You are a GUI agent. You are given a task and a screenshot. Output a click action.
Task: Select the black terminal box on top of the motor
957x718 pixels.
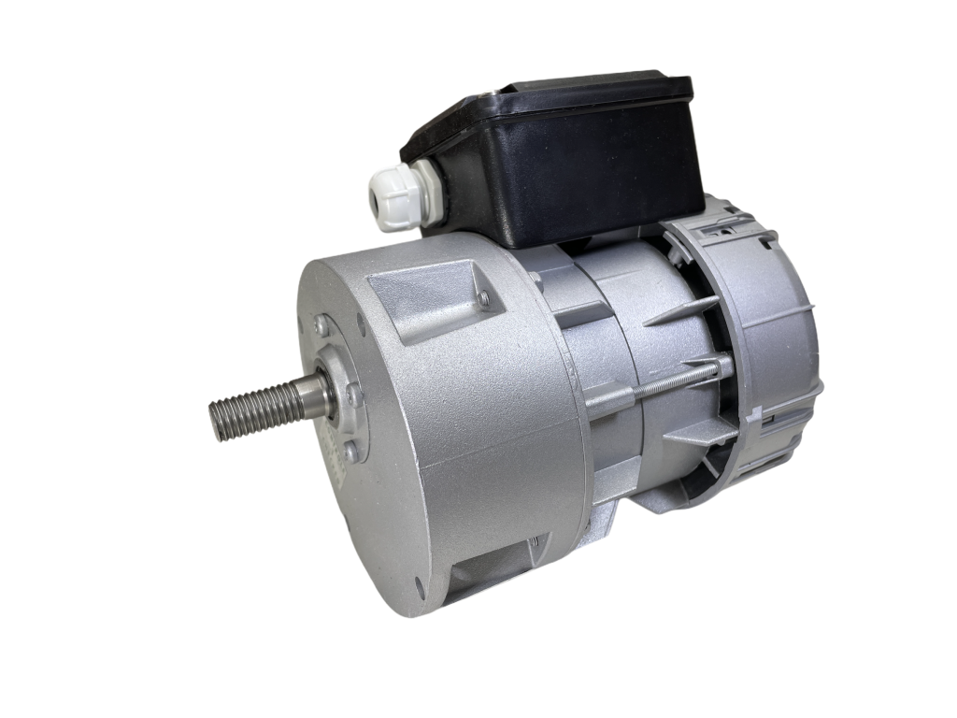[x=561, y=164]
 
